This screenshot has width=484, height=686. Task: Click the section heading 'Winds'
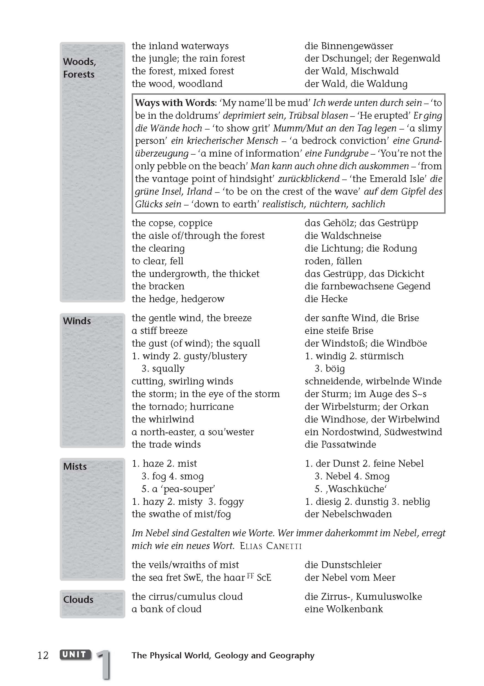[x=77, y=321]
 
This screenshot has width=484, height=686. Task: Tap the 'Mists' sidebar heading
[x=75, y=466]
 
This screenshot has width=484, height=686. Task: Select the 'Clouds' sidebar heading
[x=78, y=599]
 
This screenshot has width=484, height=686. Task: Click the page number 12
[x=43, y=655]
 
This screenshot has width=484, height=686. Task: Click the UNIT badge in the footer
[x=76, y=654]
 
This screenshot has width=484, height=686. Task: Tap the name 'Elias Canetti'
[x=270, y=546]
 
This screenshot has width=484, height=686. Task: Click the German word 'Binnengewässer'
[x=357, y=46]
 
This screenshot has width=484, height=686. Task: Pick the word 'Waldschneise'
[x=351, y=236]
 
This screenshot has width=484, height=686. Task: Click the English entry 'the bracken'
[x=158, y=286]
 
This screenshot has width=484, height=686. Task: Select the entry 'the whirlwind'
[x=163, y=419]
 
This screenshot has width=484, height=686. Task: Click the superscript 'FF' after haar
[x=250, y=575]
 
